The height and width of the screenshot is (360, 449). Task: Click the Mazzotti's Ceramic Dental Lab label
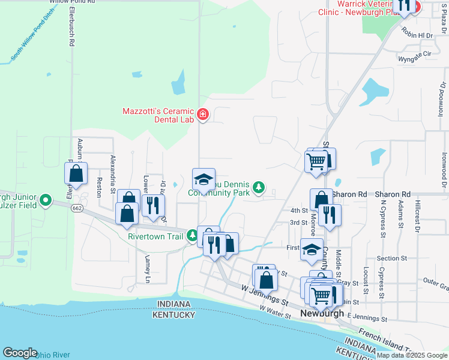(x=158, y=115)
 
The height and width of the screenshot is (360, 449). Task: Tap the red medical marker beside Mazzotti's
(x=202, y=114)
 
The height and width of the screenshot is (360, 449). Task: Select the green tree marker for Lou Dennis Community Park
(x=259, y=188)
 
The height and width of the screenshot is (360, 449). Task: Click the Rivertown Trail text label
(x=155, y=236)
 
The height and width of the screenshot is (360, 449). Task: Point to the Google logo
(x=20, y=352)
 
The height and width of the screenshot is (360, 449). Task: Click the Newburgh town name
(x=322, y=314)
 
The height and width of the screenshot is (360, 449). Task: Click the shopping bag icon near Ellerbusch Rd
(x=76, y=173)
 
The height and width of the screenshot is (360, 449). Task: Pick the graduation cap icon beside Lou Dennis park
(x=203, y=179)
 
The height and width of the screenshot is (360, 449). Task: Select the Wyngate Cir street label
(x=415, y=53)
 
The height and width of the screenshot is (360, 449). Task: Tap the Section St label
(x=392, y=259)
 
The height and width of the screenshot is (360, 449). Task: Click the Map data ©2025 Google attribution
(x=411, y=355)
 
